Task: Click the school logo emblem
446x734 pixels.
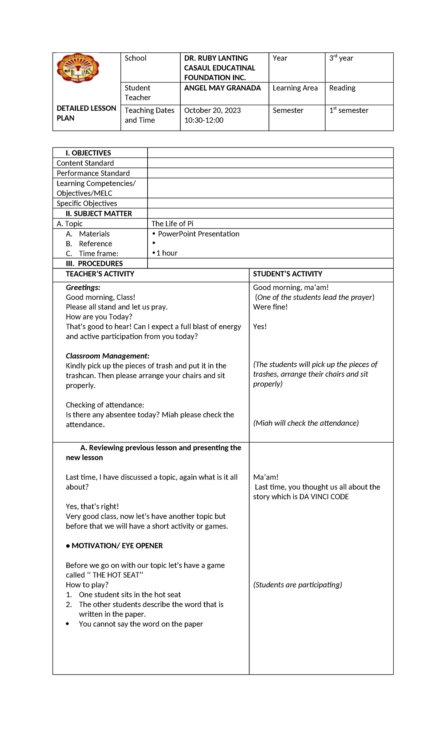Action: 78,68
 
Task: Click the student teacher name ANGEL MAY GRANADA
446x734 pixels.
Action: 222,88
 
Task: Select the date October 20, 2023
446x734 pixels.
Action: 212,110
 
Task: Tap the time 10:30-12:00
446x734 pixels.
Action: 204,120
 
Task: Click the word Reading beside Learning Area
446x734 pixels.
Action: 342,88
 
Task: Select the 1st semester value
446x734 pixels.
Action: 349,110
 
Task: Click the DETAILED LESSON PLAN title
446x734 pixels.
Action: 86,113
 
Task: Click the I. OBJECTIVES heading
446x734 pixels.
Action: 88,153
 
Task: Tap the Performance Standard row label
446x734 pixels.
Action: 93,173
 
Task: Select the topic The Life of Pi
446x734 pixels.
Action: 172,224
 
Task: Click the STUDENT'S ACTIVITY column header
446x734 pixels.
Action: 287,274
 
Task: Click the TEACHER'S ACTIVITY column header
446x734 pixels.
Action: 100,274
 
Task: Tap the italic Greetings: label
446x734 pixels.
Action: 83,288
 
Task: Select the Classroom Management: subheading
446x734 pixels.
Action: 107,356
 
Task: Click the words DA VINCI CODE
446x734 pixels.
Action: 324,497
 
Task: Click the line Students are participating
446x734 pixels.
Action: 297,585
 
